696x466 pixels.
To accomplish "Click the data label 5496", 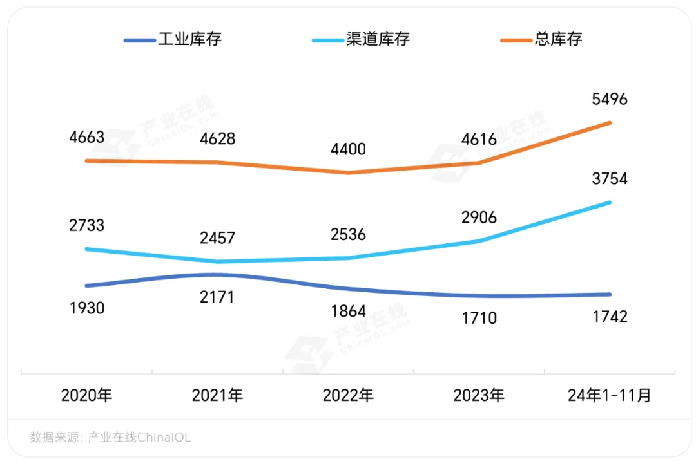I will pos(609,100).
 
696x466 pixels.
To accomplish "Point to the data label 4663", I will pos(86,138).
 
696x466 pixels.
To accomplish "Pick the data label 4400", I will pos(348,150).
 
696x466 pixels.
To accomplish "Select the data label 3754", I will pos(609,179).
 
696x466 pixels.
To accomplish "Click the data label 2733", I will pos(86,226).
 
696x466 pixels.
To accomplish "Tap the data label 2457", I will pos(217,238).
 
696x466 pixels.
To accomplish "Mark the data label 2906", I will pos(479,218).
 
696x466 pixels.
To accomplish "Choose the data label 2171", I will pos(217,297).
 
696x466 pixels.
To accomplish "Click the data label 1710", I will pos(479,318).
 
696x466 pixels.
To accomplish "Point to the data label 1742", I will pos(609,317).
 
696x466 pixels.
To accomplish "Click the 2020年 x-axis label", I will pos(86,395).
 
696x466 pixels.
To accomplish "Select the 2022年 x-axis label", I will pos(348,395).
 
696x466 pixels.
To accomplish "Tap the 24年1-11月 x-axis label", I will pos(609,395).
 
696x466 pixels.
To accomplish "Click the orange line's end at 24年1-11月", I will pos(610,122).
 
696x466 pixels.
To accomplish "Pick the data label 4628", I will pos(217,139).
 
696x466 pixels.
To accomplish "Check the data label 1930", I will pos(86,308).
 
